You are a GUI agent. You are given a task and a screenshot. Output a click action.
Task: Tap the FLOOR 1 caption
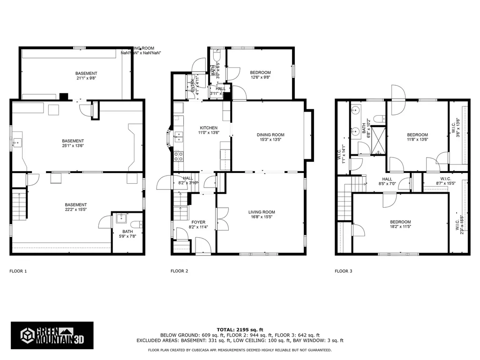pyautogui.click(x=18, y=271)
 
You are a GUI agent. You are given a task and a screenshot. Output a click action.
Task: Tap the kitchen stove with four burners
pyautogui.click(x=179, y=156)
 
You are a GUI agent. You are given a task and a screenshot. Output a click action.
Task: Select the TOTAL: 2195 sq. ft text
pyautogui.click(x=240, y=330)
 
